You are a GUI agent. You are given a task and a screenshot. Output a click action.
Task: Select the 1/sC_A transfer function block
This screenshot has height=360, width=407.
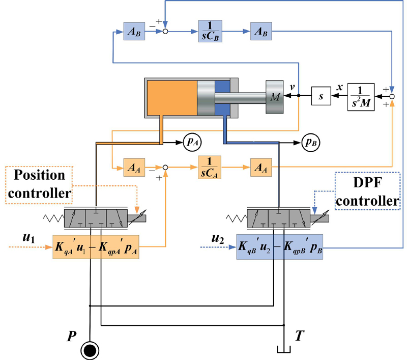tap(209, 166)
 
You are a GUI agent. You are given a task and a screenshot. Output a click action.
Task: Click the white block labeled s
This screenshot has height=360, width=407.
tap(321, 95)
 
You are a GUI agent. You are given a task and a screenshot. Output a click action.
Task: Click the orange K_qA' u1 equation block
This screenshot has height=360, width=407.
tap(96, 246)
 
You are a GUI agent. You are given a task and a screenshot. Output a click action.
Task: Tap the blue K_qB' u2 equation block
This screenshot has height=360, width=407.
tap(279, 246)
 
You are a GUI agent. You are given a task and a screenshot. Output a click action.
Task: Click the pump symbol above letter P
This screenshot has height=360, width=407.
tap(90, 350)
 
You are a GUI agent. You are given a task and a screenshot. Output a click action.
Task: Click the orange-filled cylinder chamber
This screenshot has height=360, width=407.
tap(172, 97)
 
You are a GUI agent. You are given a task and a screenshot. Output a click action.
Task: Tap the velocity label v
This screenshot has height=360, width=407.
tap(292, 87)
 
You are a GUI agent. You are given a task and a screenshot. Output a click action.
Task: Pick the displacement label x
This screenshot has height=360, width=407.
tap(338, 87)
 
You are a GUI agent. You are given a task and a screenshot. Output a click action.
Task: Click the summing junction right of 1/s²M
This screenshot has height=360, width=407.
tap(392, 95)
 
